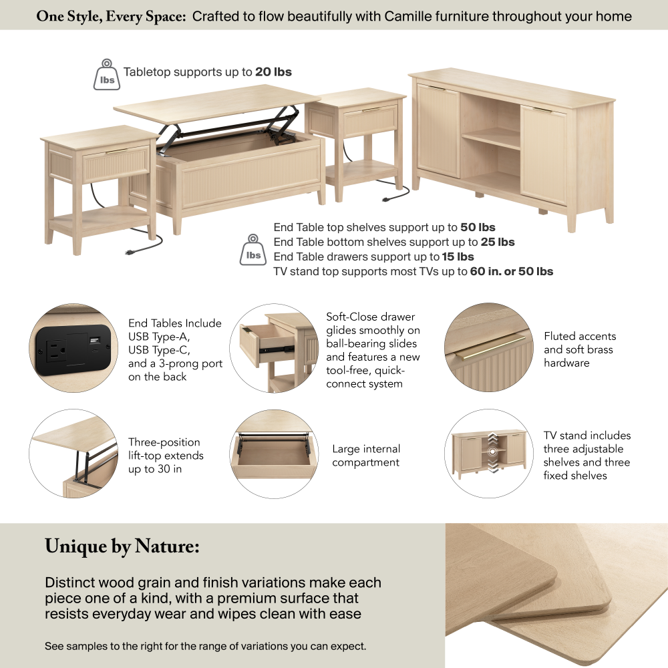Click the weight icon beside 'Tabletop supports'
click(x=106, y=75)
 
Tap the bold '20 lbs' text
click(x=273, y=72)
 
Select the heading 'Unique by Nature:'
click(x=122, y=546)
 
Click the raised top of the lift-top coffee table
click(x=217, y=104)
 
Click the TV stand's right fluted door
click(x=544, y=154)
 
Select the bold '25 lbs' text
click(x=498, y=242)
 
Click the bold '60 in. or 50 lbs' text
click(x=511, y=271)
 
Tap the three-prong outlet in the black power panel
click(x=56, y=351)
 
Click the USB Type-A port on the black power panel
click(x=94, y=341)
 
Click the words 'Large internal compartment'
click(x=366, y=456)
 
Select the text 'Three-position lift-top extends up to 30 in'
click(x=166, y=456)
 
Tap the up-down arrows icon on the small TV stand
click(x=492, y=452)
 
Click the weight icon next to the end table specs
click(x=253, y=250)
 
